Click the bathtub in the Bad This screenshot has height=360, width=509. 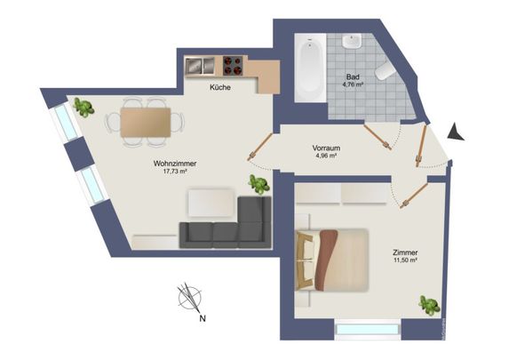(310, 67)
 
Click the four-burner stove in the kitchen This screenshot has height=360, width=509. (234, 66)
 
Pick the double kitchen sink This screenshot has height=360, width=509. (199, 66)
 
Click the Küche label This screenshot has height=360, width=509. (221, 88)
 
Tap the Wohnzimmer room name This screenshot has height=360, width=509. (174, 164)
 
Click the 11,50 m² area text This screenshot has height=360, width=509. (405, 262)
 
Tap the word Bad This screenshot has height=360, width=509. (353, 77)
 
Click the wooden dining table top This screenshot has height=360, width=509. (146, 120)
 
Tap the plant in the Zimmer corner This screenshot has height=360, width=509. (429, 306)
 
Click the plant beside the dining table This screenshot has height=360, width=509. (85, 108)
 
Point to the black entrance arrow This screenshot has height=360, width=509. (456, 132)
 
